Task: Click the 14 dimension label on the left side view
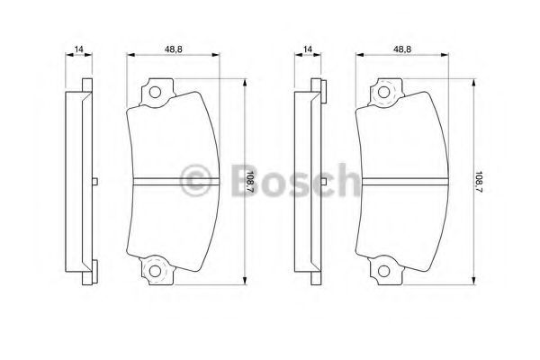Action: [x=79, y=49]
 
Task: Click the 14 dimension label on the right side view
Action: [x=308, y=49]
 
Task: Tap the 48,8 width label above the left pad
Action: [x=173, y=49]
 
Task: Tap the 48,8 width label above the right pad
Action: [x=402, y=49]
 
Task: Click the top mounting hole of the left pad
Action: [x=155, y=93]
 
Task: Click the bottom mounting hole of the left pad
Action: [x=155, y=271]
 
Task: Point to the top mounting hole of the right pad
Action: [x=383, y=93]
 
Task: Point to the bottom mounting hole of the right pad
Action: [x=383, y=271]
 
